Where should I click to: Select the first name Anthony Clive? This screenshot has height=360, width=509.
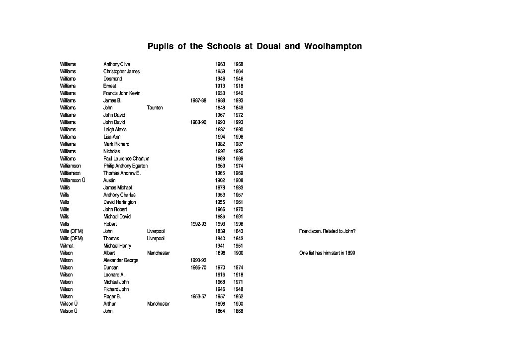[116, 64]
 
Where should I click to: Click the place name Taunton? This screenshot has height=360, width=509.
[155, 107]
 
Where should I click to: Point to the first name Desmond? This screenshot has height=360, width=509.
[112, 79]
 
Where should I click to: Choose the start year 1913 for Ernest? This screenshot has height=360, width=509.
[220, 86]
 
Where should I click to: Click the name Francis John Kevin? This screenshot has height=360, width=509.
[122, 93]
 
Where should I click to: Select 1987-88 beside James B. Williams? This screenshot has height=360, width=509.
[198, 100]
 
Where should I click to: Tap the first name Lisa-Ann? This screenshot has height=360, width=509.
[112, 137]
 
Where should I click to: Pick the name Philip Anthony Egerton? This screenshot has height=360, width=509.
[125, 166]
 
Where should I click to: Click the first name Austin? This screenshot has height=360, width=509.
[109, 180]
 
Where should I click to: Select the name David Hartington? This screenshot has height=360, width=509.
[119, 202]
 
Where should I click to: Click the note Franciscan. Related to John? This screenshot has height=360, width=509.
[327, 231]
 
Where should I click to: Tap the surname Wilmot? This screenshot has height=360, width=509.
[67, 246]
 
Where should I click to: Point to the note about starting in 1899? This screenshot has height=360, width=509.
[327, 253]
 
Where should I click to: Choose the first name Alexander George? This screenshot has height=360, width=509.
[121, 260]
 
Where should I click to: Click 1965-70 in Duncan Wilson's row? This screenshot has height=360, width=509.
[198, 268]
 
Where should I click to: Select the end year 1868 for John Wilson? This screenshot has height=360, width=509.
[239, 311]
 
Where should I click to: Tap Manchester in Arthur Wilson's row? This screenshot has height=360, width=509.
[158, 304]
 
